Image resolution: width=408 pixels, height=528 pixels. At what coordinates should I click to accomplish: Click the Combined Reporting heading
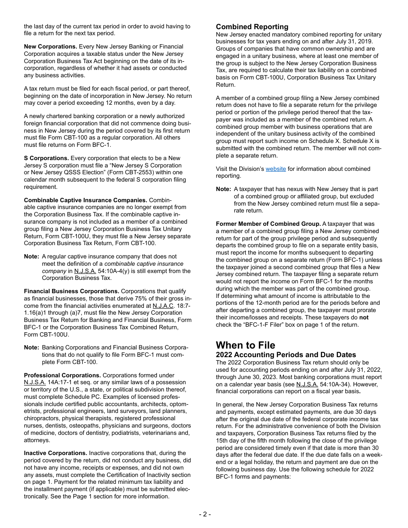click(252, 27)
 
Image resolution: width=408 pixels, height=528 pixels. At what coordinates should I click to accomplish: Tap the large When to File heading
click(245, 345)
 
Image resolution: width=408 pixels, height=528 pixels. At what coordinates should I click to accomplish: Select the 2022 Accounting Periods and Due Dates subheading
click(286, 355)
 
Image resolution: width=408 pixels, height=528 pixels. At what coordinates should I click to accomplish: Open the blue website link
click(276, 169)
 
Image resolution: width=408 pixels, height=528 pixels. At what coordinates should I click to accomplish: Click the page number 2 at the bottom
click(204, 514)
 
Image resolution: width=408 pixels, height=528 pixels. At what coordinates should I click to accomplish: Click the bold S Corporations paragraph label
click(46, 158)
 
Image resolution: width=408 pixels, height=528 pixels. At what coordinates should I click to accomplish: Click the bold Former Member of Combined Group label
click(268, 224)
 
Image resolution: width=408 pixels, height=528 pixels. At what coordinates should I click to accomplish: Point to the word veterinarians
click(156, 433)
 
